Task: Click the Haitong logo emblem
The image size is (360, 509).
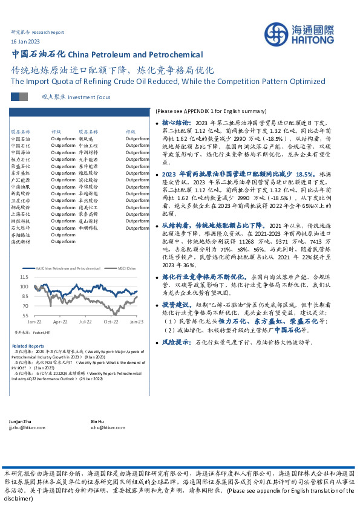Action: point(283,34)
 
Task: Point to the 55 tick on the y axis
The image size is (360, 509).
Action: point(25,315)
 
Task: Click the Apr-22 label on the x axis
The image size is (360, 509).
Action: point(59,322)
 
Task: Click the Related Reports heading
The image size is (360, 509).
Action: point(27,346)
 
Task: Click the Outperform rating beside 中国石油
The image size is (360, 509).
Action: point(63,139)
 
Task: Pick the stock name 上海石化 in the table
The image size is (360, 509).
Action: point(21,213)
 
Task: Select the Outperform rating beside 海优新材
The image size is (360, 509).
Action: point(63,242)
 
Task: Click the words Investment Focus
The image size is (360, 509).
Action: point(89,97)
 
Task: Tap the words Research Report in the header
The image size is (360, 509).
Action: point(48,31)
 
